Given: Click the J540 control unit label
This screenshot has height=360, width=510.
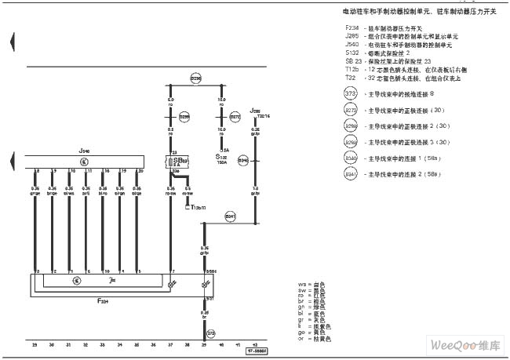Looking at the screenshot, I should (x=84, y=150).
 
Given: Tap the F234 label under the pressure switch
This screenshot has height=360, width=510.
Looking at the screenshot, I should (x=103, y=300).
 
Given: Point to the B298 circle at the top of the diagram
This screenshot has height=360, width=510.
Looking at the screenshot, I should (x=195, y=78).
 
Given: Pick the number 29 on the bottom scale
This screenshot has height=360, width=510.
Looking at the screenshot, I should (x=34, y=344).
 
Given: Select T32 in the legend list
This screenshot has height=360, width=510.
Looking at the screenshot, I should (x=350, y=78).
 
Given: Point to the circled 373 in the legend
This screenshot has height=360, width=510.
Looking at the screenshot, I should (x=351, y=93).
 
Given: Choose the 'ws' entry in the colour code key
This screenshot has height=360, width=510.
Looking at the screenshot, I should (x=301, y=283).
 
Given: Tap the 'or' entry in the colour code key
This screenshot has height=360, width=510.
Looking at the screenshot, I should (x=301, y=339).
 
